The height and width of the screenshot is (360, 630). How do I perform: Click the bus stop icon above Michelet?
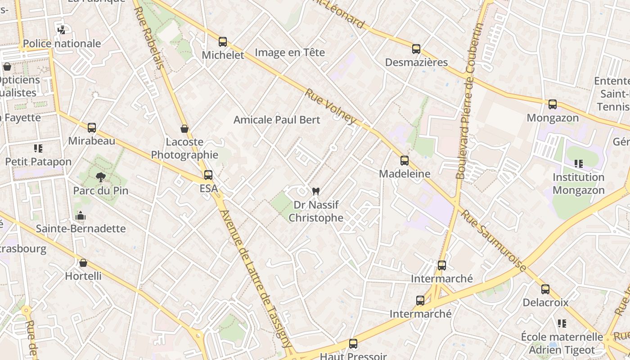point(222,42)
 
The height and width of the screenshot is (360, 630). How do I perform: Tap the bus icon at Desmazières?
point(416,49)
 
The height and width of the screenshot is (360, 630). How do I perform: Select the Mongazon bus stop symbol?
point(553,104)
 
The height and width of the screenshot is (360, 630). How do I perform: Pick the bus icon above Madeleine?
point(405,160)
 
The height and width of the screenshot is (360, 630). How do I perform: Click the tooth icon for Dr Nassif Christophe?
point(315,191)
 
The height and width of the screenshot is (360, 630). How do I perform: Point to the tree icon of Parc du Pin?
point(100,177)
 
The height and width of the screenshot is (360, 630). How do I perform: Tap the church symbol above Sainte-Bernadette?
point(81,216)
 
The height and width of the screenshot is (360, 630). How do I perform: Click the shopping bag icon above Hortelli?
point(83,263)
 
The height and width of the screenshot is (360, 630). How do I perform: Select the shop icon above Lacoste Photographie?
point(184,129)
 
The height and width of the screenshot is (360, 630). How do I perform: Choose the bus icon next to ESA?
point(208,175)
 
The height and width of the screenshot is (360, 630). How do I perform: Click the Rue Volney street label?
point(331,107)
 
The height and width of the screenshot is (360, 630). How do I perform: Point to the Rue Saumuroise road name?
point(494,241)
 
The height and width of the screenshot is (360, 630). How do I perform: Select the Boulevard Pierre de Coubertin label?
point(468,101)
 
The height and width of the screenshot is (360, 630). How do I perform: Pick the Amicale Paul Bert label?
point(277,120)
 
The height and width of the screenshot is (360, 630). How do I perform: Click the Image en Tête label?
point(290,52)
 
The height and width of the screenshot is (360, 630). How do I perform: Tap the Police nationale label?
point(62,44)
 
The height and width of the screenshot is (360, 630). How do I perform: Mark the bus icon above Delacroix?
point(545,289)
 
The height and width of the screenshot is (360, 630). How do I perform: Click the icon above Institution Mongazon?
point(579,164)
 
